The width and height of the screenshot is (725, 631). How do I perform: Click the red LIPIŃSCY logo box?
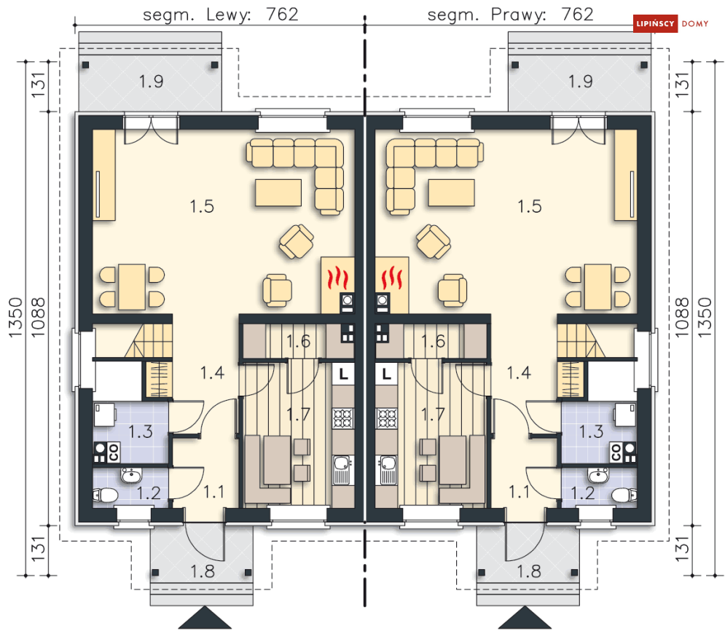click(655, 23)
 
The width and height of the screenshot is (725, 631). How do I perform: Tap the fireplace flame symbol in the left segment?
click(337, 278)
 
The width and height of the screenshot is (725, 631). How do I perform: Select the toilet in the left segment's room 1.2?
click(106, 495)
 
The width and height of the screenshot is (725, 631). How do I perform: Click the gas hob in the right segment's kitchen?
click(386, 418)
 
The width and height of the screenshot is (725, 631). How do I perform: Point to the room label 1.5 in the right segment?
click(530, 206)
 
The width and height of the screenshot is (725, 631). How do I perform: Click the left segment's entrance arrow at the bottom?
click(205, 618)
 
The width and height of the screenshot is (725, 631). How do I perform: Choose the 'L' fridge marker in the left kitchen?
click(343, 374)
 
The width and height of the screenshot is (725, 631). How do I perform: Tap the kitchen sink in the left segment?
click(343, 470)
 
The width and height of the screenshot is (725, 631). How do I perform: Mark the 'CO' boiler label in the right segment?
click(616, 452)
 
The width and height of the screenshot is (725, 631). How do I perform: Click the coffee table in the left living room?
click(278, 192)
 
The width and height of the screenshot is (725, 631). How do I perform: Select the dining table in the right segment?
click(597, 286)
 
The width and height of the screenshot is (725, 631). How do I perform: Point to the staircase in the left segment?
click(149, 340)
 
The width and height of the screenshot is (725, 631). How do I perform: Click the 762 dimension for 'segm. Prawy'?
click(577, 15)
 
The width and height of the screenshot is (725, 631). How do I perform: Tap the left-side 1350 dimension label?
click(15, 317)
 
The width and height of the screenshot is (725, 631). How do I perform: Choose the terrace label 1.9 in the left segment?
click(152, 82)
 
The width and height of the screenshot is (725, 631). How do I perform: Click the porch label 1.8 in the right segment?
click(528, 571)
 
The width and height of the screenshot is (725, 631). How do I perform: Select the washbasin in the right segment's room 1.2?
click(599, 475)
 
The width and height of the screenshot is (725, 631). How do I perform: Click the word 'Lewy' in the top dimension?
click(228, 15)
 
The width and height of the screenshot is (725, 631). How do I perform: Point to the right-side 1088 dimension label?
click(682, 317)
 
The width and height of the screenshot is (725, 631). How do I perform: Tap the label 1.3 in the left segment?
click(140, 432)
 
